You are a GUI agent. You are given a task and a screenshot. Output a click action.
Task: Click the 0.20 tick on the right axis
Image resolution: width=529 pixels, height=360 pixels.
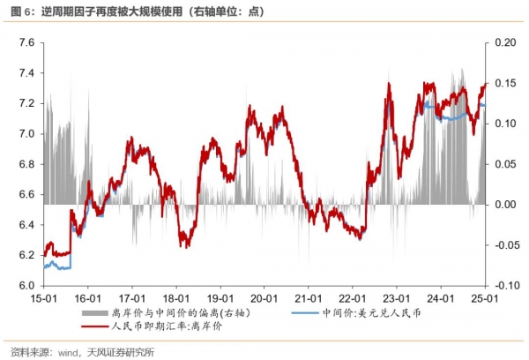(503, 42)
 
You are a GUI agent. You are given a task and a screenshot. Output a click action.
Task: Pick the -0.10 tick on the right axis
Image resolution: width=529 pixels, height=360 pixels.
(502, 286)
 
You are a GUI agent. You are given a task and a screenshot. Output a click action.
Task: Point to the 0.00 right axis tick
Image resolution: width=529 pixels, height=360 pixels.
(503, 205)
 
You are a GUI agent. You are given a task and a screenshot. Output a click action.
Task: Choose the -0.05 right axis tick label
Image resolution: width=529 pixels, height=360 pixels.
(502, 245)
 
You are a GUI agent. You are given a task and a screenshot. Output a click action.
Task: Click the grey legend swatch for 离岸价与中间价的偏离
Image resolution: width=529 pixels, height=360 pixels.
(96, 313)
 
